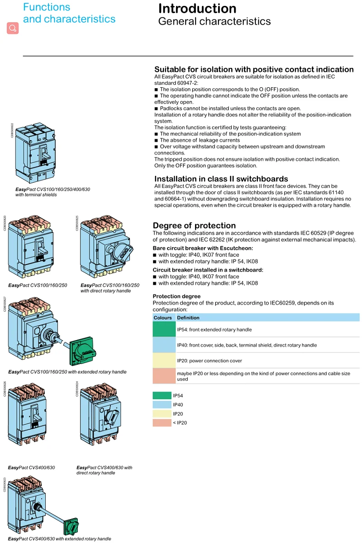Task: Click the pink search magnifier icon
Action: click(x=13, y=28)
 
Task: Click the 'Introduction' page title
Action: click(x=197, y=9)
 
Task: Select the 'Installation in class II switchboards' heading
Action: click(x=221, y=179)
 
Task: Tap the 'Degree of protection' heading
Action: click(x=194, y=226)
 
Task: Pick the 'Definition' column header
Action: click(x=188, y=317)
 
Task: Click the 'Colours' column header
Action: click(x=163, y=317)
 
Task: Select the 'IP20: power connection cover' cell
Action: click(x=210, y=361)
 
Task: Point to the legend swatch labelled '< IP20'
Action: click(x=162, y=423)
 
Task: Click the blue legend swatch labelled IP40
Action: click(x=162, y=405)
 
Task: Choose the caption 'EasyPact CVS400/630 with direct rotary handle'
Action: click(x=104, y=470)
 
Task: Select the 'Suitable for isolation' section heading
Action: click(x=254, y=69)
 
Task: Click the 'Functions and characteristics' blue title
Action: click(x=69, y=13)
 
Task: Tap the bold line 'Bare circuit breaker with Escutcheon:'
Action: click(x=203, y=248)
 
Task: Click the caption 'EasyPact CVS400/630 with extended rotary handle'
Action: click(x=59, y=539)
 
